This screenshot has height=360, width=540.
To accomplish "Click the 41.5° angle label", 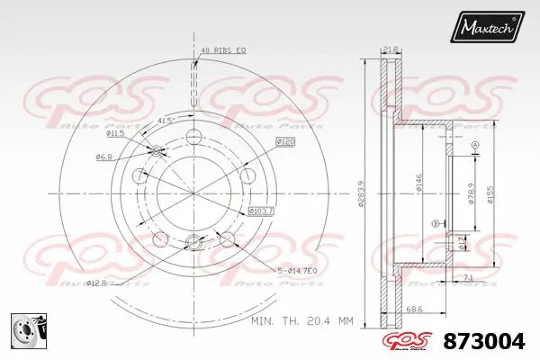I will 166,120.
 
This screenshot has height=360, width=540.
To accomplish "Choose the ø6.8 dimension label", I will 105,157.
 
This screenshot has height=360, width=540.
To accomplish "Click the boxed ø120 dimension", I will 285,142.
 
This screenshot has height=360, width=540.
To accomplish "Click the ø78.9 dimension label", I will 471,191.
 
